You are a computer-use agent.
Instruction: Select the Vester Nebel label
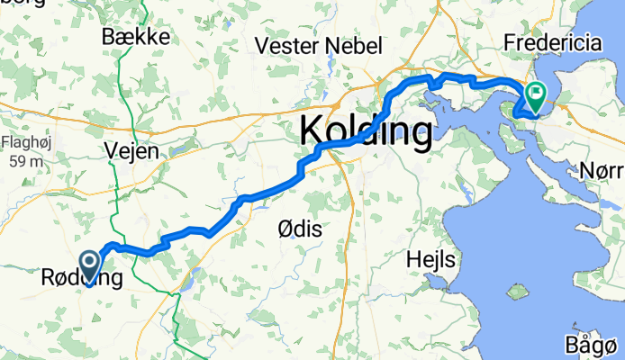pyautogui.click(x=319, y=46)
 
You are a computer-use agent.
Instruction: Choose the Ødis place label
pyautogui.click(x=298, y=229)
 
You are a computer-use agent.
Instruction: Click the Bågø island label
pyautogui.click(x=595, y=346)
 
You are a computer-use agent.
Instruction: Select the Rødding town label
pyautogui.click(x=81, y=279)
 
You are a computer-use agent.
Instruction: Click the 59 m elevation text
pyautogui.click(x=23, y=161)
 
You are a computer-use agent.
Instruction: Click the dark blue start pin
pyautogui.click(x=91, y=266)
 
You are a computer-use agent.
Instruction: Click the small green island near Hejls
pyautogui.click(x=516, y=292)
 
